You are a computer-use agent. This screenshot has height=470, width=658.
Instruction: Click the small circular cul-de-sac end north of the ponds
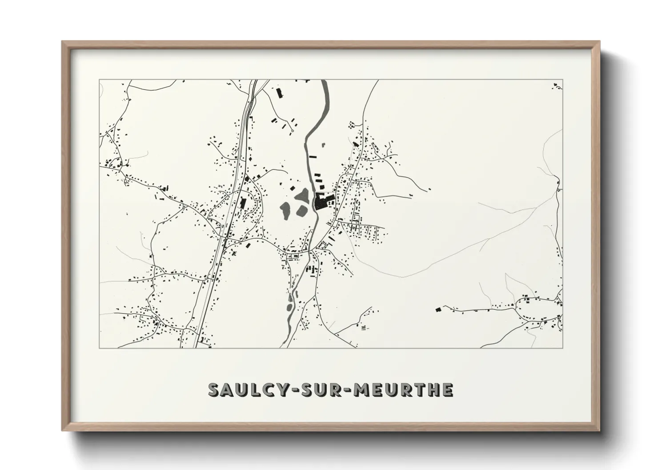click(293, 131)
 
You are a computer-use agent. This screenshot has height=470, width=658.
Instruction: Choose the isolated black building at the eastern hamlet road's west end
click(438, 309)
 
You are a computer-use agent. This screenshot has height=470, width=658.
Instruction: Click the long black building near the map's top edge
click(279, 93)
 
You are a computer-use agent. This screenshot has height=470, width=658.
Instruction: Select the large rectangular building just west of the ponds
click(243, 203)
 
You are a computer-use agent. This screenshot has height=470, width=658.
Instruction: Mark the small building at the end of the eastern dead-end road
click(430, 190)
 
